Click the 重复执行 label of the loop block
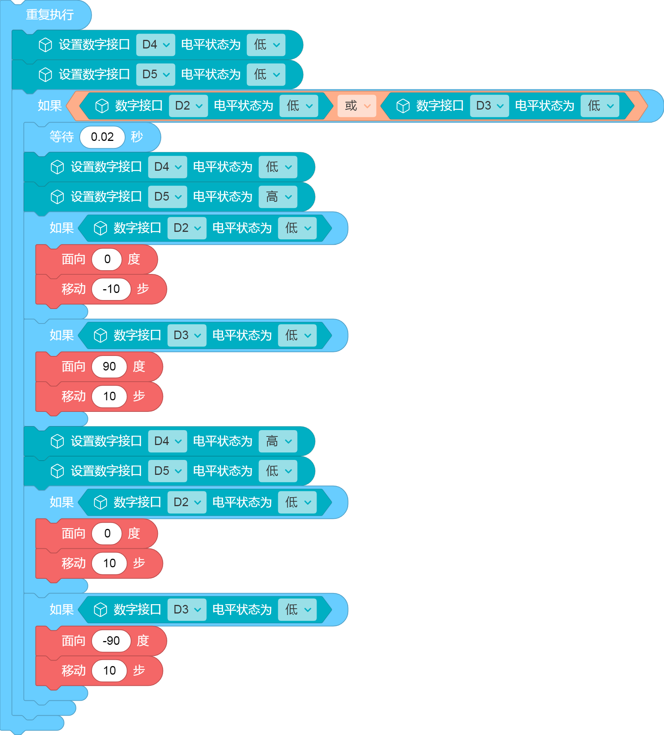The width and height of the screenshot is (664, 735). click(50, 15)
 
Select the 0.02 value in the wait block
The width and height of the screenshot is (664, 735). click(102, 137)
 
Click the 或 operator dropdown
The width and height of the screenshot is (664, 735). click(357, 106)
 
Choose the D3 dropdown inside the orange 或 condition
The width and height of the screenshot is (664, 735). click(489, 106)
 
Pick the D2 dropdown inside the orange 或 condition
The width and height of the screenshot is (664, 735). click(188, 106)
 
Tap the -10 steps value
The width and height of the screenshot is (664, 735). click(111, 289)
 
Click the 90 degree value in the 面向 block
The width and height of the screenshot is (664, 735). click(109, 366)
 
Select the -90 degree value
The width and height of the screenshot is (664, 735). click(111, 641)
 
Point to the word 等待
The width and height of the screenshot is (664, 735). click(61, 137)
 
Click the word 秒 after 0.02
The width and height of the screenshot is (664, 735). click(137, 137)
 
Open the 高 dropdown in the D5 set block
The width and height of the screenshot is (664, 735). click(278, 196)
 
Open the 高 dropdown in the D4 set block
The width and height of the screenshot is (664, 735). click(278, 441)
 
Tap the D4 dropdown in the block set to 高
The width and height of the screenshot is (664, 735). click(168, 441)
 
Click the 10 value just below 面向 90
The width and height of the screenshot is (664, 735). click(109, 396)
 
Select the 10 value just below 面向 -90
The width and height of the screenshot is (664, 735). click(109, 671)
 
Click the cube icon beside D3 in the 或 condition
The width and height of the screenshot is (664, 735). click(403, 106)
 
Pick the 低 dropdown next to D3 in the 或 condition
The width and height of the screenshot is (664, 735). click(600, 106)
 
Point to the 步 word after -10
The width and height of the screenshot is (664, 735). click(143, 289)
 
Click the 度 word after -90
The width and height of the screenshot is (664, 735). click(143, 641)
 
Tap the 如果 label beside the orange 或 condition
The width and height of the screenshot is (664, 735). click(50, 106)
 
